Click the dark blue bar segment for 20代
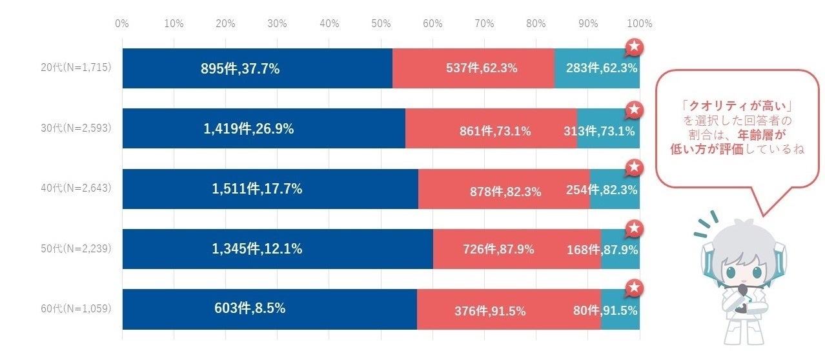click(x=257, y=68)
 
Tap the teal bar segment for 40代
click(x=614, y=190)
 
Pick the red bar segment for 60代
click(x=509, y=310)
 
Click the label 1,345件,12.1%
click(x=257, y=248)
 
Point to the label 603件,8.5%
click(x=250, y=308)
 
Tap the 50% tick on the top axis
click(x=381, y=24)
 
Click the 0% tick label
click(x=122, y=24)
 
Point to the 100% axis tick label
click(x=640, y=24)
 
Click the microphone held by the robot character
click(x=743, y=294)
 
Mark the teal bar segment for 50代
click(x=620, y=249)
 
